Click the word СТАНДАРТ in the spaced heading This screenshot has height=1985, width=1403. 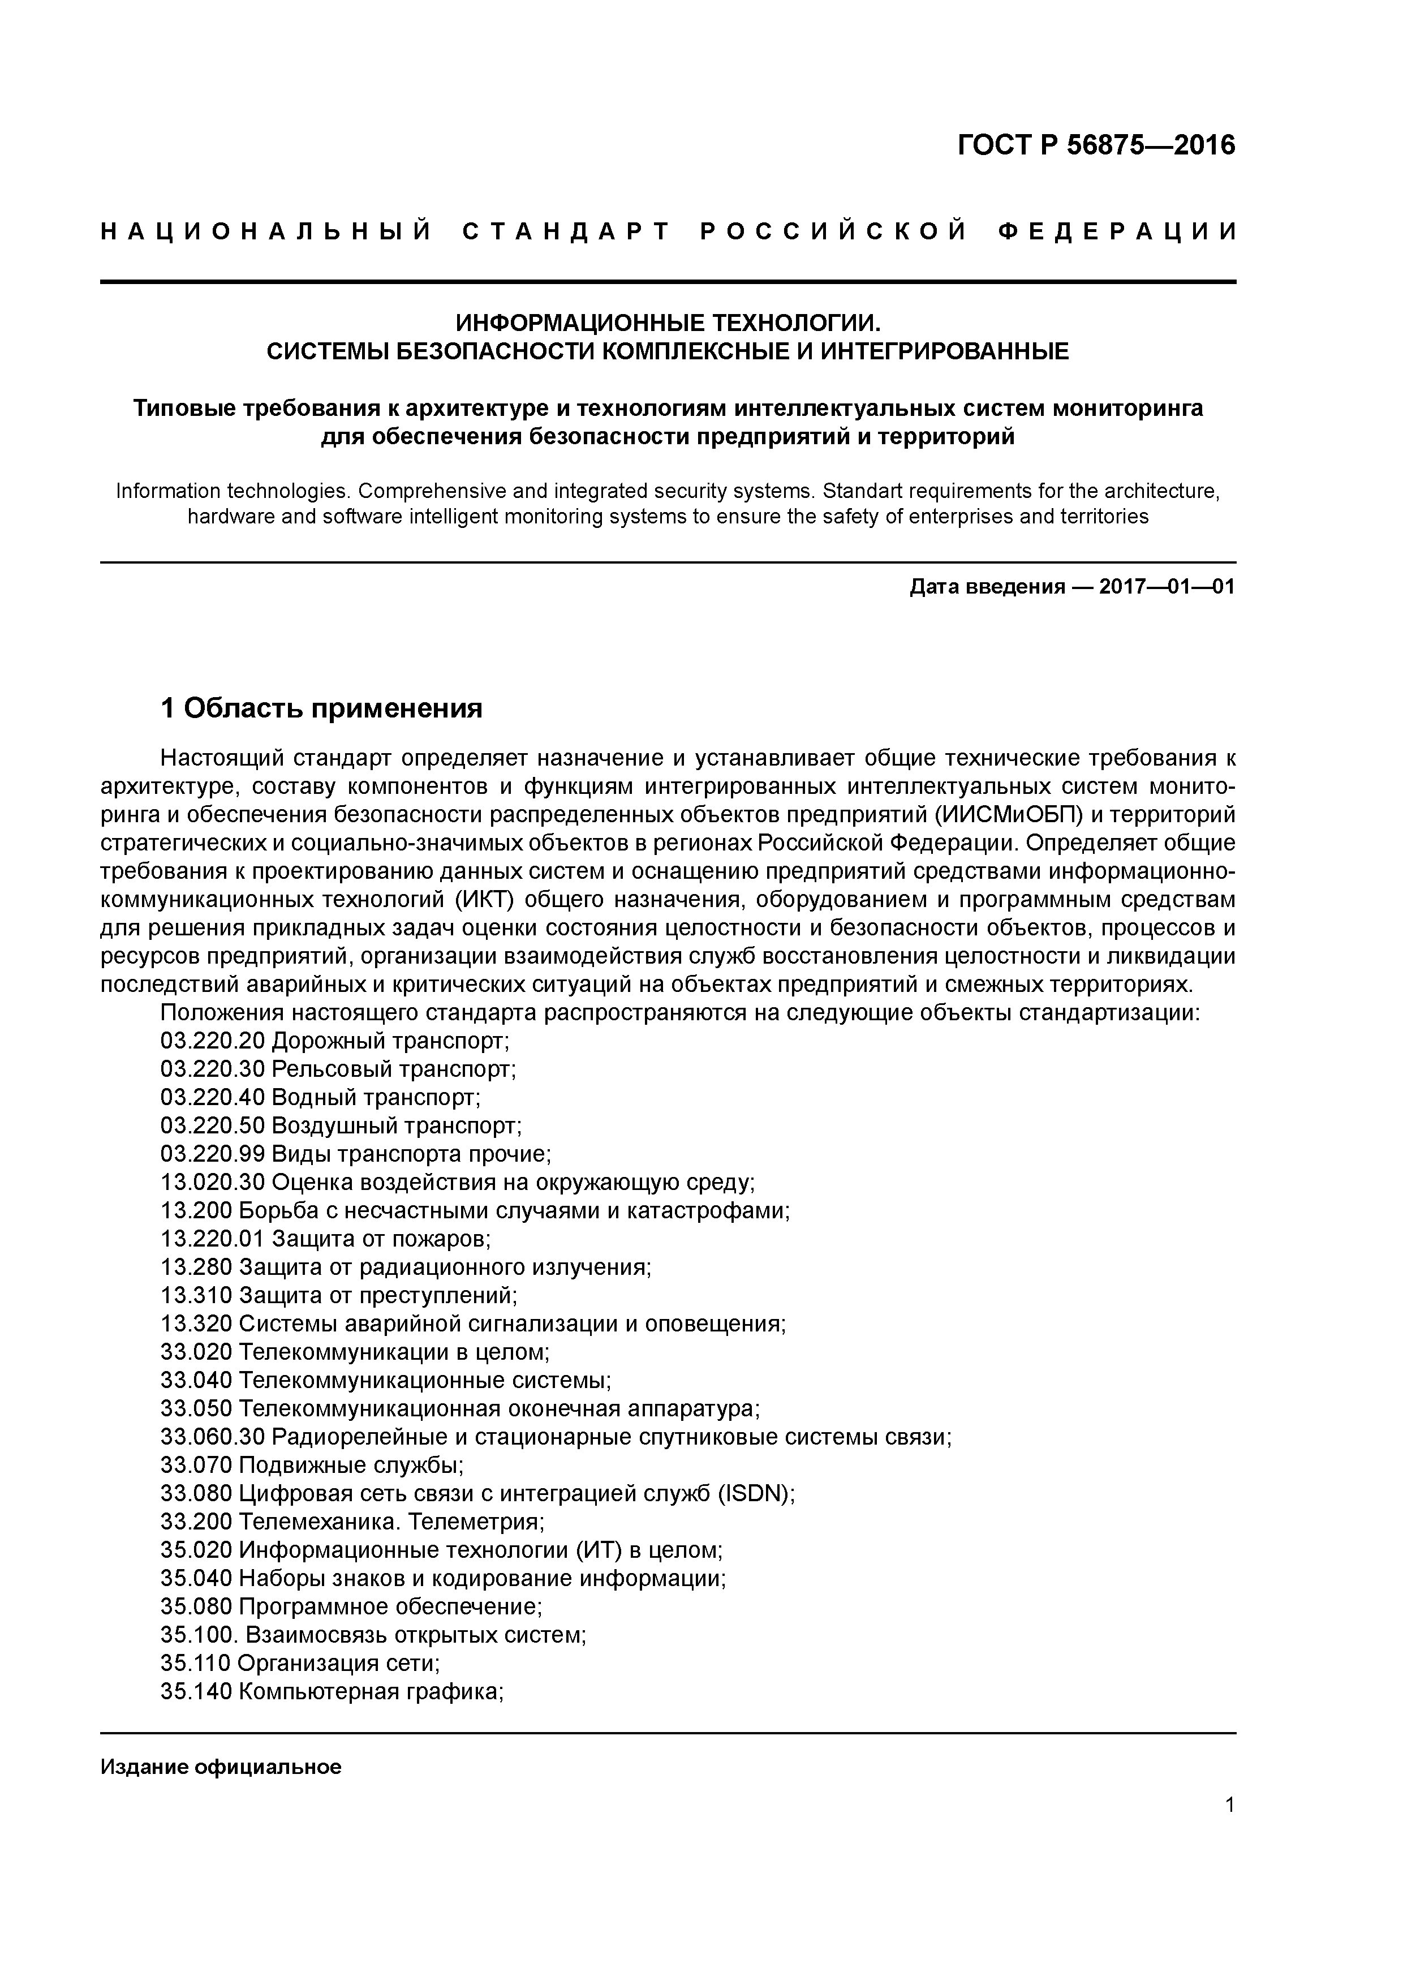[x=567, y=231]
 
